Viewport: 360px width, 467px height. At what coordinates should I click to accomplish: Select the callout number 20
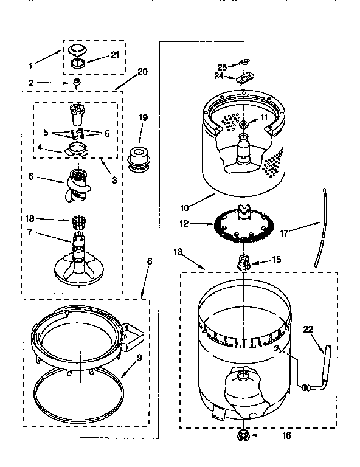click(142, 71)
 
